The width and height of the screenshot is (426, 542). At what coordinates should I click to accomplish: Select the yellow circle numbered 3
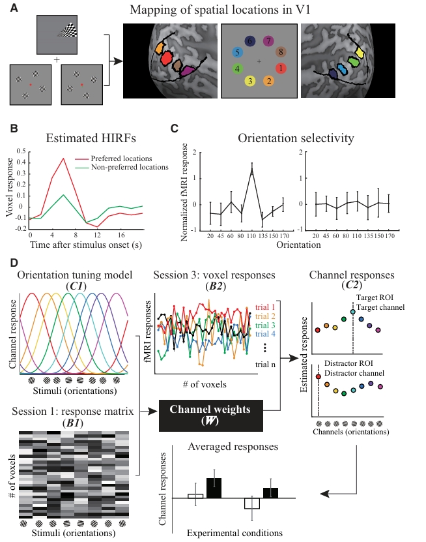coord(249,81)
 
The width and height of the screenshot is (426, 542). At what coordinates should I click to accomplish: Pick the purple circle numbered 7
coord(268,40)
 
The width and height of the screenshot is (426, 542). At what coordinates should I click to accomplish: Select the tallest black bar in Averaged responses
coord(214,488)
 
